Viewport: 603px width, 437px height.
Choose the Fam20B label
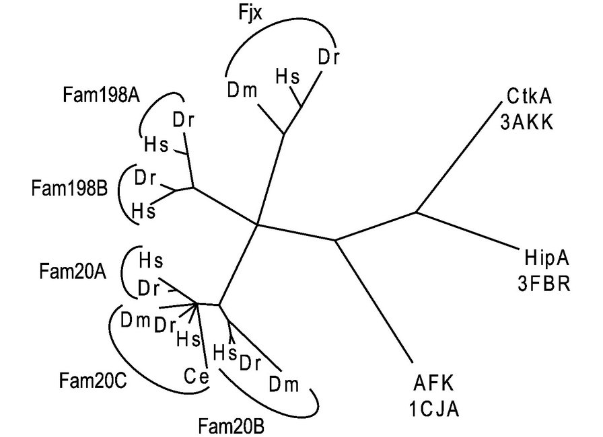[x=232, y=425]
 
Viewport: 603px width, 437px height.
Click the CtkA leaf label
[x=527, y=97]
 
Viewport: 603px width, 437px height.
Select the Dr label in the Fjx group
[x=328, y=56]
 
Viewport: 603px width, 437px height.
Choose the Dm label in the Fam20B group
[x=283, y=385]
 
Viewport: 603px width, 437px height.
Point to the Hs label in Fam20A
[x=151, y=258]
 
